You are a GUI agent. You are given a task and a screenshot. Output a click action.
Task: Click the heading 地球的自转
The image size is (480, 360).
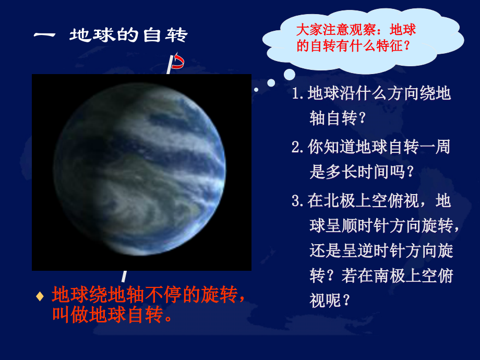point(128,35)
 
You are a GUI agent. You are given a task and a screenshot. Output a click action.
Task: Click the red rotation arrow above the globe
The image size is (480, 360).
point(178,62)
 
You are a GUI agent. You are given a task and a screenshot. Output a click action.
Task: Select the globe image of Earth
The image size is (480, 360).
point(141,172)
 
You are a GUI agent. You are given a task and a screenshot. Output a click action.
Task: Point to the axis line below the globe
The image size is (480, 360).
point(124,276)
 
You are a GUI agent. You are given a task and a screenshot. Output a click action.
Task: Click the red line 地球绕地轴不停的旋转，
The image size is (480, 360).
point(148,296)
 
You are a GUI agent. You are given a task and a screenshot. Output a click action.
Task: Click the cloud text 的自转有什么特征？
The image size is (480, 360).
point(353,46)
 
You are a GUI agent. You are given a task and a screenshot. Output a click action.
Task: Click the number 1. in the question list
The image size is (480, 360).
point(298,94)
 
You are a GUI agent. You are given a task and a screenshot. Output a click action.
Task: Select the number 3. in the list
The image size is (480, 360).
point(298,201)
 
